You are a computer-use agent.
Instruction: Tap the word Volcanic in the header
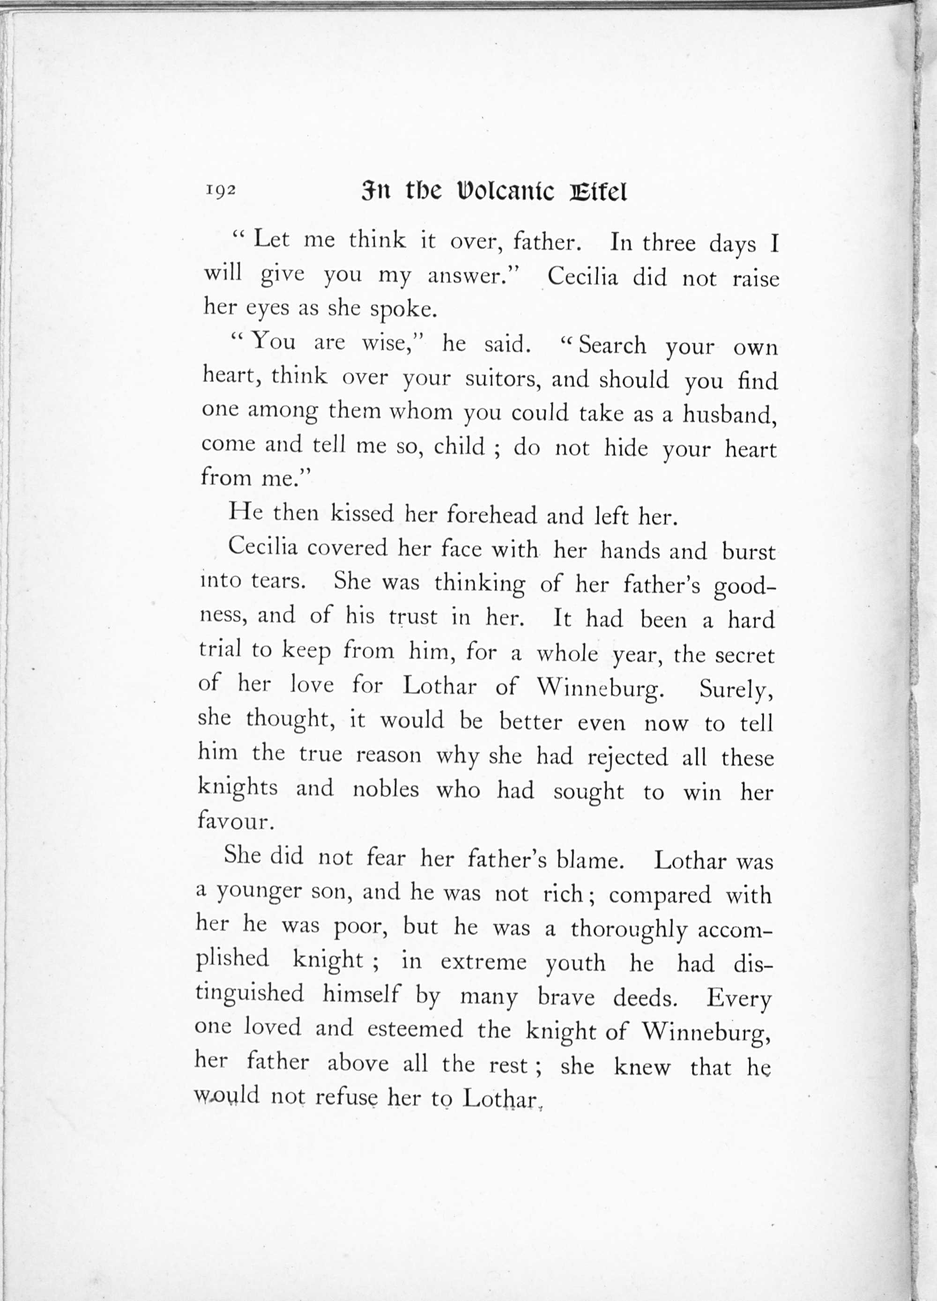[x=505, y=192]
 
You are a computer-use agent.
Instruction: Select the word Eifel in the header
[x=598, y=192]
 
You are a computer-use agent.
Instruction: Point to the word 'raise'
[x=756, y=278]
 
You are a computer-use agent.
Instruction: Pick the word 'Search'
[x=612, y=345]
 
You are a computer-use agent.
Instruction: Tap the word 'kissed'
[x=362, y=513]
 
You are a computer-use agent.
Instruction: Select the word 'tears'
[x=278, y=581]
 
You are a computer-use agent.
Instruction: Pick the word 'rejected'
[x=627, y=757]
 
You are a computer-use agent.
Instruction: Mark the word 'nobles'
[x=386, y=789]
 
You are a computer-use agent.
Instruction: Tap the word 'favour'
[x=232, y=821]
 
